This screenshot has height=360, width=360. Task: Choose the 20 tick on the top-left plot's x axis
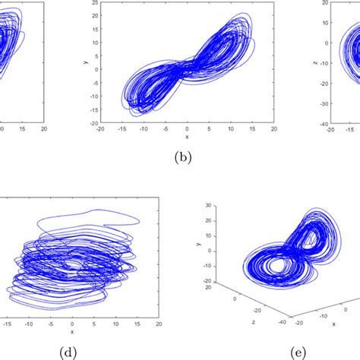click(x=44, y=130)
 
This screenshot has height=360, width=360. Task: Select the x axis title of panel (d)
click(x=72, y=331)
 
